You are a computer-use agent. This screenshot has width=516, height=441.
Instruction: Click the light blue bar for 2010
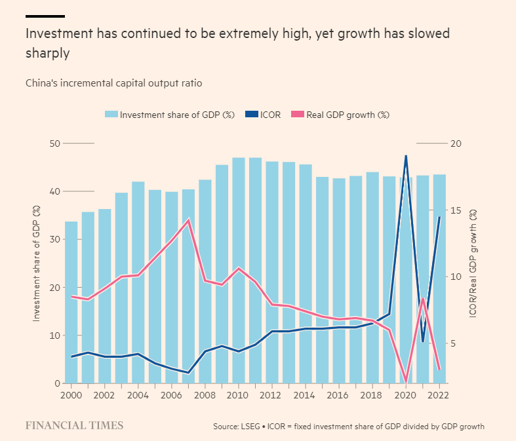[239, 271]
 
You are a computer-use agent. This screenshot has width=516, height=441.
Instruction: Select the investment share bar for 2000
[71, 302]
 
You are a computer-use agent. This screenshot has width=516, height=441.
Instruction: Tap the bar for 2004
[138, 282]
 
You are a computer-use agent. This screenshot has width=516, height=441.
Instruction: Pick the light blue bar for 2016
[339, 281]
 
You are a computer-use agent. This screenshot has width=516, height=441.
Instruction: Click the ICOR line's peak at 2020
[406, 156]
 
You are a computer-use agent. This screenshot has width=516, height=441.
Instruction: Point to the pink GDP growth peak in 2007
[188, 220]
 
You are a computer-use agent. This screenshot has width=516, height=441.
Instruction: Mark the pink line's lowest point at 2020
[406, 382]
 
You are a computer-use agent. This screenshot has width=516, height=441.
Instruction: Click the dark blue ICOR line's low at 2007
[188, 373]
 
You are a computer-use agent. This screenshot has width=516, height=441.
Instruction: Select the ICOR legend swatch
[252, 115]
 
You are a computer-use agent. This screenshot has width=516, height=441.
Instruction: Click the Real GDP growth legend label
[348, 115]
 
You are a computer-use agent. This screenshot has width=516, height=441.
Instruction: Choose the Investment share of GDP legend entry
[170, 115]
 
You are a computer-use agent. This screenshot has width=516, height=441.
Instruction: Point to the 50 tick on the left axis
[55, 144]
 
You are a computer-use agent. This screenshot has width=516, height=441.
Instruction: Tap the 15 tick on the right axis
[456, 210]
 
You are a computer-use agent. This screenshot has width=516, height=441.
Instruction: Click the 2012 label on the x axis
[271, 394]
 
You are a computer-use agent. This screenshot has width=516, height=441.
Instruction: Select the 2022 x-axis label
[438, 394]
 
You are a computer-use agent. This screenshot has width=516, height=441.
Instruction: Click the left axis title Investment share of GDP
[36, 263]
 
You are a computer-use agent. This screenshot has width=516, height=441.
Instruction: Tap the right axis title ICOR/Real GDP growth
[473, 263]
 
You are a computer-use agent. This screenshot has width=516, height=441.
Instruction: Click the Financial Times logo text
[74, 425]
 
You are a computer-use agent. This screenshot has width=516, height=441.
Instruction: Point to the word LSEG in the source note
[251, 427]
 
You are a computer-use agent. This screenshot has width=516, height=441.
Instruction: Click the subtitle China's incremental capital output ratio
[114, 83]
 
